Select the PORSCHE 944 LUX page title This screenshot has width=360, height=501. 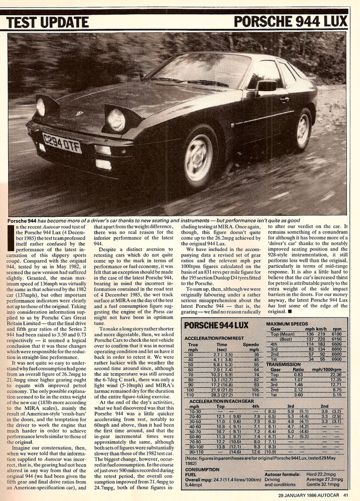[291, 22]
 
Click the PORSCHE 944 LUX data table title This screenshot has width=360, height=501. [216, 326]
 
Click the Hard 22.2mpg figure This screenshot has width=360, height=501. [325, 474]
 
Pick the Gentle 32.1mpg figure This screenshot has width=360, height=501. [324, 485]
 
